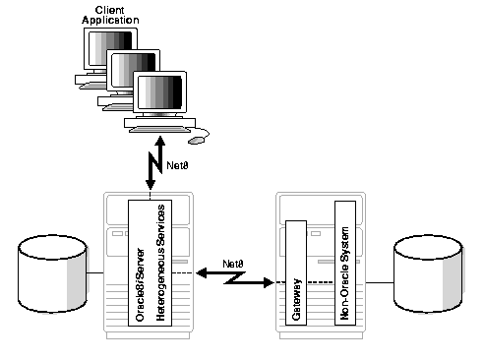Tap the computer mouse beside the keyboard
(198, 140)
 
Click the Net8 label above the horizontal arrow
(233, 264)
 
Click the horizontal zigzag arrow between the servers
(232, 280)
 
